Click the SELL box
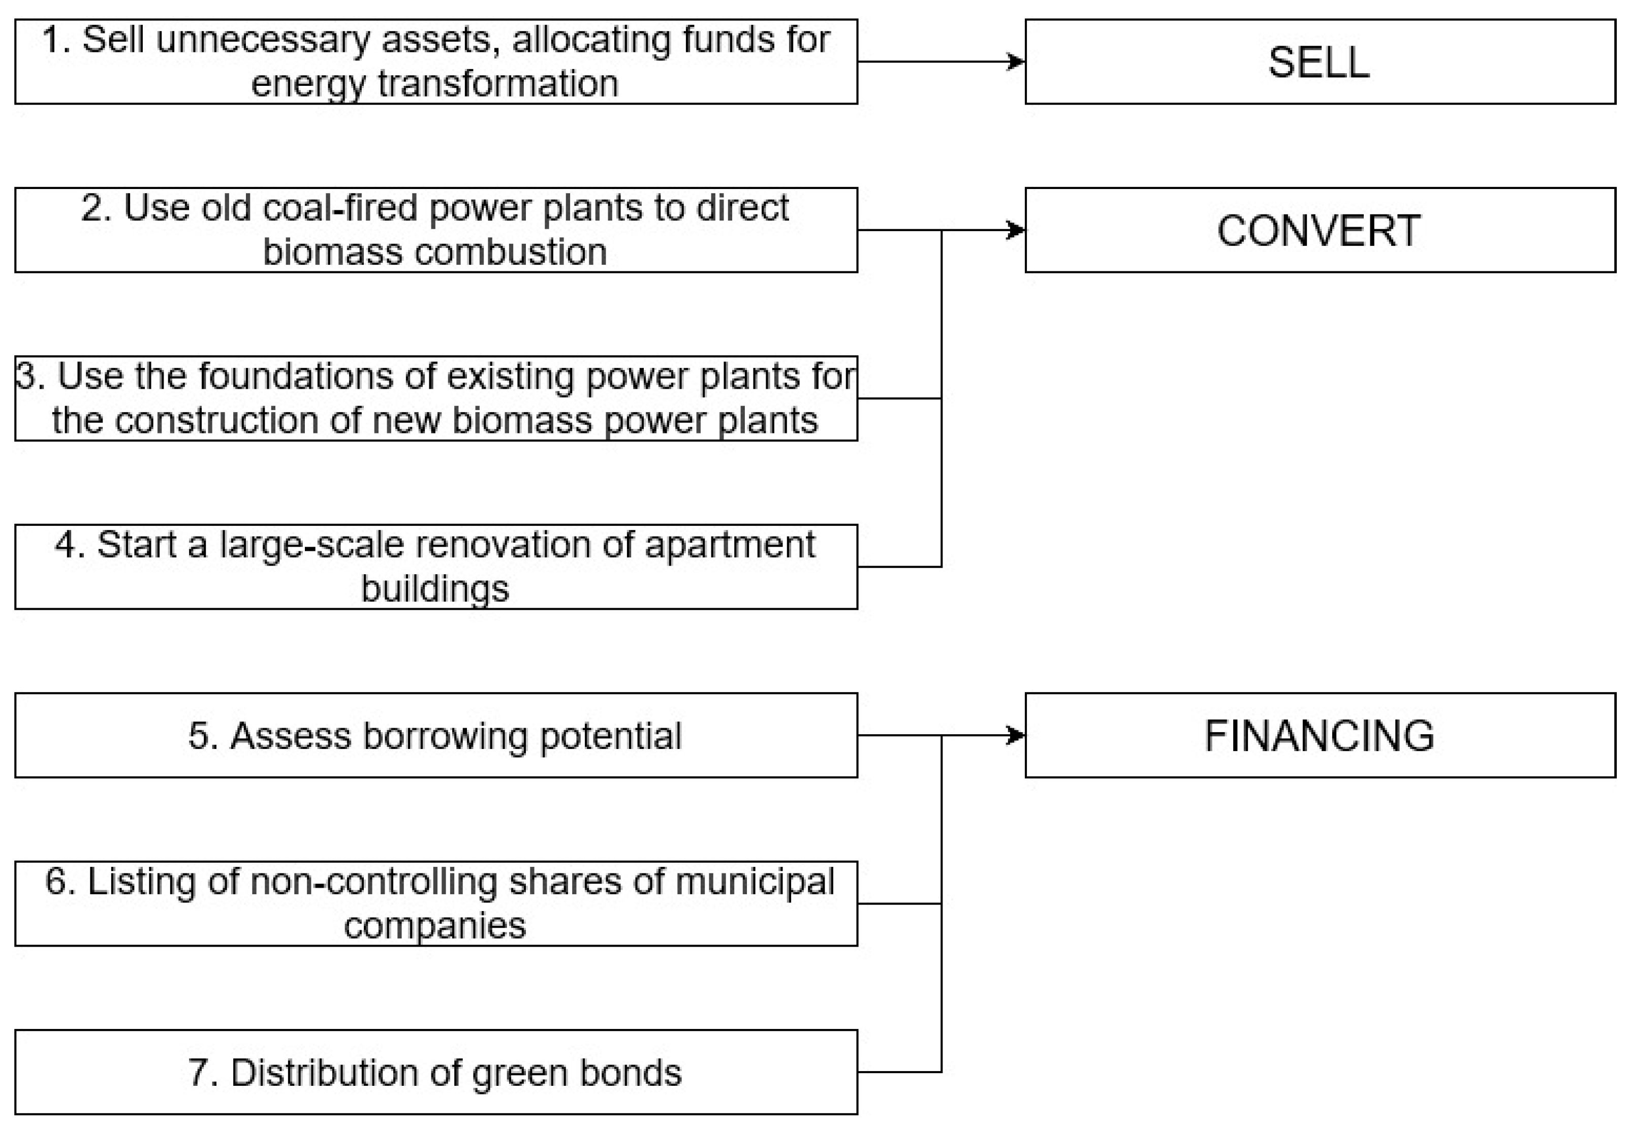(x=1319, y=61)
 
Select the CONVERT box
(x=1319, y=230)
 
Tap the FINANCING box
(x=1319, y=735)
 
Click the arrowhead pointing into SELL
(x=1016, y=61)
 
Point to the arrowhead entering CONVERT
(x=1016, y=230)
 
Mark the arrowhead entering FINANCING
(x=1016, y=735)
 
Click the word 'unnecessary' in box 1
(x=263, y=40)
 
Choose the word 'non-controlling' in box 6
(x=374, y=882)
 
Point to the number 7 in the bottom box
(x=199, y=1073)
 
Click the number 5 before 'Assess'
(x=199, y=736)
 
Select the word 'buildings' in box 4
(x=435, y=588)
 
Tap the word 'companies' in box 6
(x=435, y=926)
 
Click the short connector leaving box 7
(x=899, y=1072)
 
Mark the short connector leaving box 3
(x=899, y=398)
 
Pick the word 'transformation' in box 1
(x=498, y=83)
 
